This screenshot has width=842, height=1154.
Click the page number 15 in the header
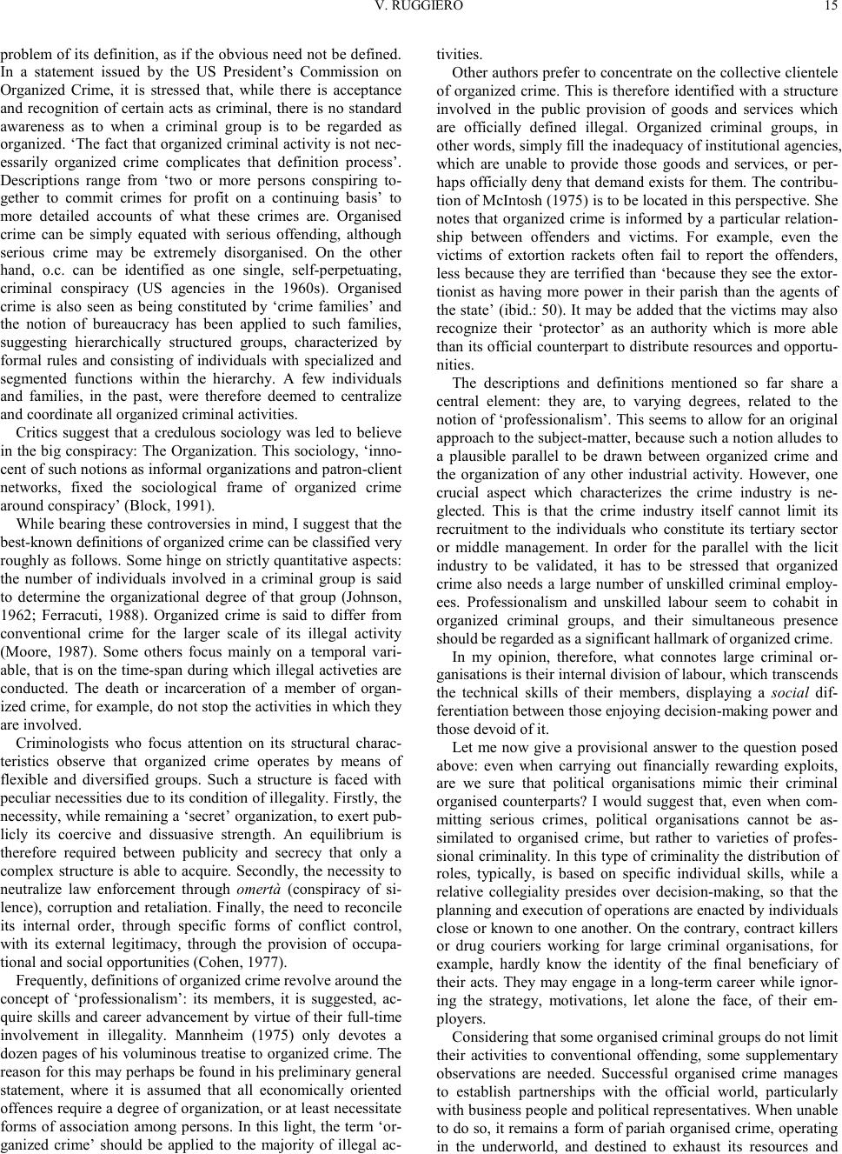pos(831,7)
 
